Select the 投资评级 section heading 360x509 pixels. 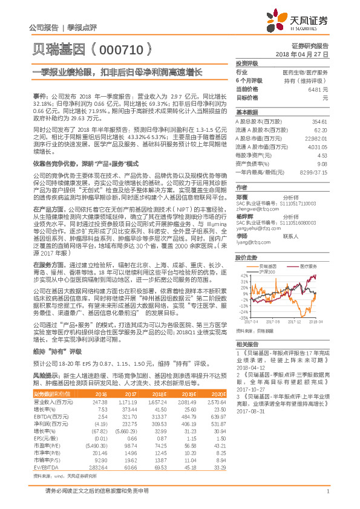point(247,63)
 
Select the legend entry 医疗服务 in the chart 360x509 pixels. point(306,249)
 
